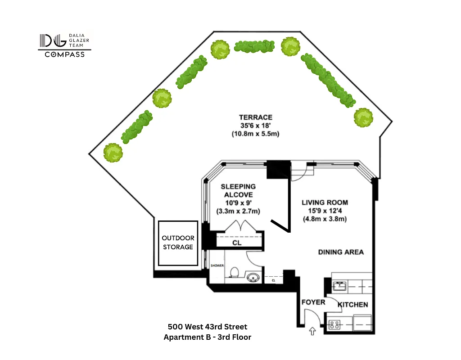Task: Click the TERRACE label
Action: [x=255, y=117]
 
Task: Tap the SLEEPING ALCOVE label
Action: [x=238, y=190]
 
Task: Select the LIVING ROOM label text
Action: [x=325, y=202]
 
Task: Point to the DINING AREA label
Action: [x=341, y=252]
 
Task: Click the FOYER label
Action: [x=313, y=302]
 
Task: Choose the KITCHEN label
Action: [x=353, y=305]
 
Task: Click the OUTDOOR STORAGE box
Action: [x=178, y=243]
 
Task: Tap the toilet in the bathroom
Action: [x=234, y=273]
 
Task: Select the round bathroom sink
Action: [x=254, y=277]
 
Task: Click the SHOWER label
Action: [x=217, y=265]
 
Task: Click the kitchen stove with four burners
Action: [x=334, y=324]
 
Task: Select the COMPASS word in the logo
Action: [x=64, y=54]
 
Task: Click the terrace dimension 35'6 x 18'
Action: [x=255, y=126]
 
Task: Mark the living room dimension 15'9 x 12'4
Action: [x=325, y=211]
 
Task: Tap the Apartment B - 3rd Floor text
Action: [x=208, y=337]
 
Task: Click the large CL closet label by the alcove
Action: [x=237, y=243]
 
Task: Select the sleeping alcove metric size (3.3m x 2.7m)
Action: [x=238, y=211]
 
